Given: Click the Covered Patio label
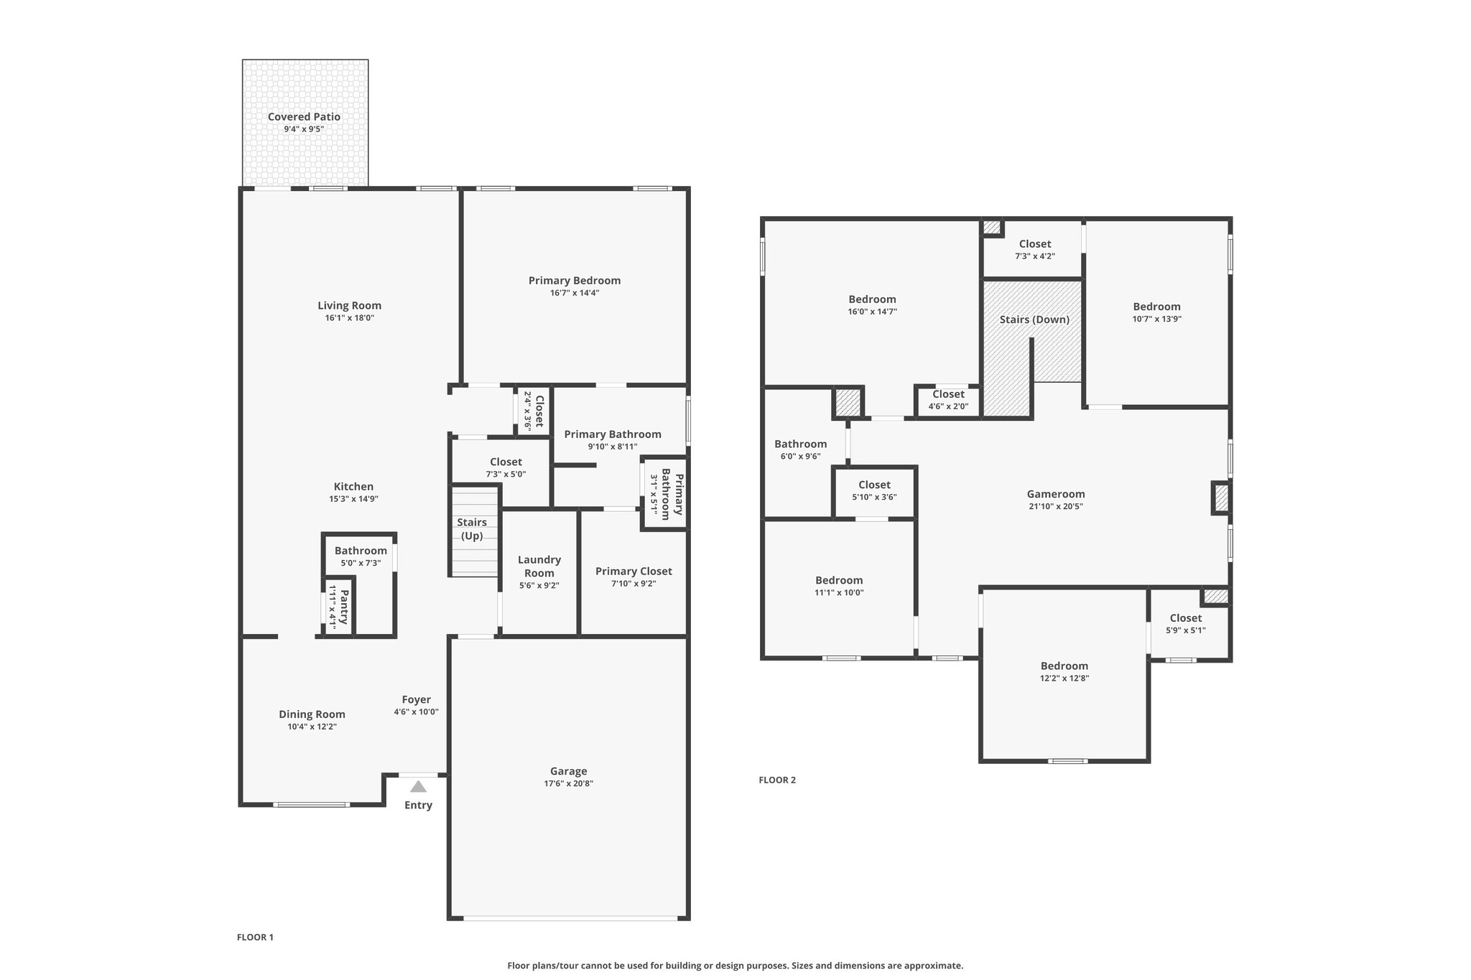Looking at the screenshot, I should (304, 117).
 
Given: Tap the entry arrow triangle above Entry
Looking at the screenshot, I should (418, 787).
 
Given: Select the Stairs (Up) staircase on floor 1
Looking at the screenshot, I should (474, 531).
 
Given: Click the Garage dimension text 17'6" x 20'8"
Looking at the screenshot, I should (568, 783).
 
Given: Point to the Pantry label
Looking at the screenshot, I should (344, 607).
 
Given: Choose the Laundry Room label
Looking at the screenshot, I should (539, 566).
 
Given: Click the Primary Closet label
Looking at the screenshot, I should (634, 571).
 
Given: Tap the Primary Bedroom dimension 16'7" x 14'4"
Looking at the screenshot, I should (574, 293).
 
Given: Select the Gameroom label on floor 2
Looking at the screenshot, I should (1055, 494).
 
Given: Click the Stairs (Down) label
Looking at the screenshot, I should (1034, 319).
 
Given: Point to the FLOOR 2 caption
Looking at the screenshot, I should (777, 780).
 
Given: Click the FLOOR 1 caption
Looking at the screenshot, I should (255, 937).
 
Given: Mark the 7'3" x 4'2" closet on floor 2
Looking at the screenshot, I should (1034, 250).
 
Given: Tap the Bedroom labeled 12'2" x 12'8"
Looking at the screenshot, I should (1064, 671).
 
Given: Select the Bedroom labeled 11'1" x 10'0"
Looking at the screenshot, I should (839, 586).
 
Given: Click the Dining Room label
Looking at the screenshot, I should (312, 714).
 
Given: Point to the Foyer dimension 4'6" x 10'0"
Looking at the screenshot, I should (416, 712).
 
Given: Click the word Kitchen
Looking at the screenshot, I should (353, 487).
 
